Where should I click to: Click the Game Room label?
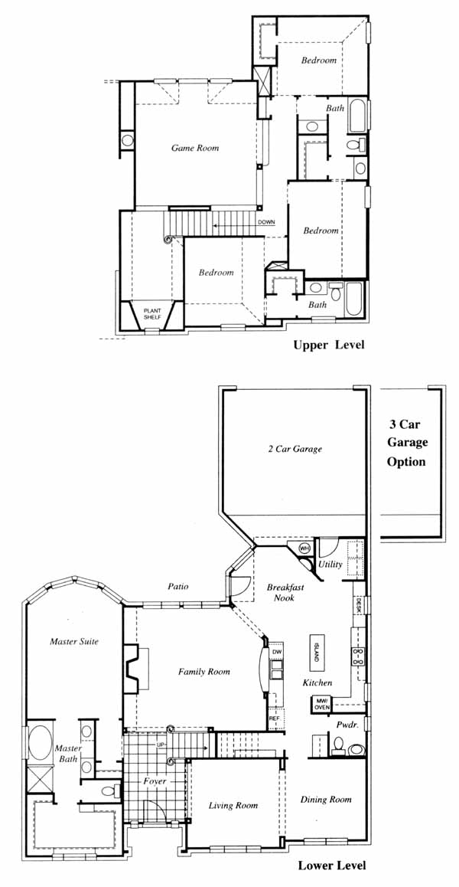pyautogui.click(x=195, y=148)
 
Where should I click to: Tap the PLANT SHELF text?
pyautogui.click(x=153, y=314)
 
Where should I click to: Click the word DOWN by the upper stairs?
pyautogui.click(x=266, y=222)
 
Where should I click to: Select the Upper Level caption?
pyautogui.click(x=328, y=345)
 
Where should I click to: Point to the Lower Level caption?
pyautogui.click(x=332, y=866)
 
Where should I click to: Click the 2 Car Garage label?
pyautogui.click(x=295, y=449)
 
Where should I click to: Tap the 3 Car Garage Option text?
pyautogui.click(x=406, y=443)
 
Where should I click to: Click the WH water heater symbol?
pyautogui.click(x=304, y=548)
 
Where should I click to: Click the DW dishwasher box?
pyautogui.click(x=276, y=652)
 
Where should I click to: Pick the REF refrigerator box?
pyautogui.click(x=274, y=718)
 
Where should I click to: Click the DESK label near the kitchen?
pyautogui.click(x=358, y=607)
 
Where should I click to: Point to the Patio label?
pyautogui.click(x=177, y=587)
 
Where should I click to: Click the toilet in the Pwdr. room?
pyautogui.click(x=338, y=745)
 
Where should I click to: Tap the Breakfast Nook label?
pyautogui.click(x=285, y=592)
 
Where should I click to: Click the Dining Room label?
pyautogui.click(x=326, y=800)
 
